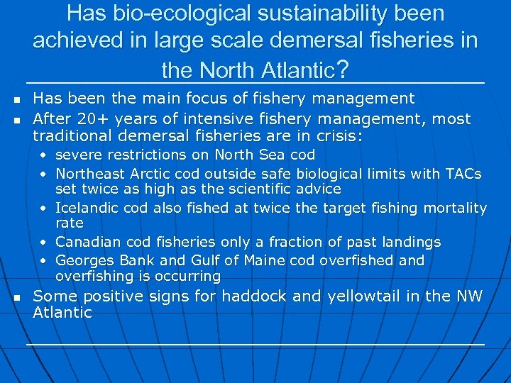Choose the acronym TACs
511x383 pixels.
pos(464,174)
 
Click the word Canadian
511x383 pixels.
pos(86,243)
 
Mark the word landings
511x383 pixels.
pos(410,243)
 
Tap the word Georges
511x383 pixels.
pos(82,260)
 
